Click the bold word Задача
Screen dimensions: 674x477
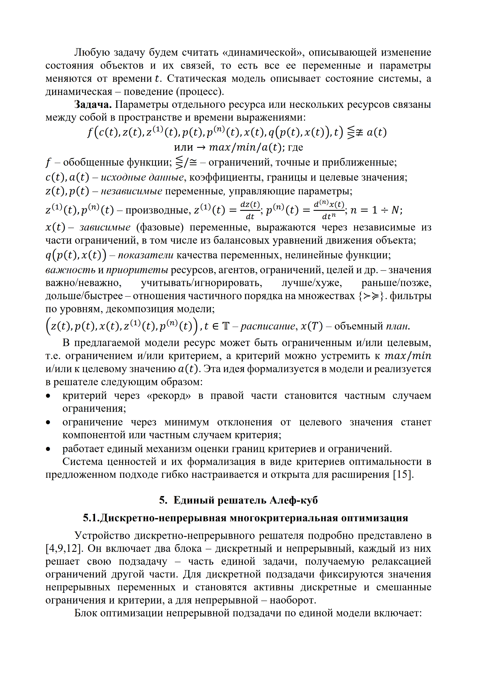pos(93,105)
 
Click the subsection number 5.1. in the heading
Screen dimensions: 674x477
pos(91,518)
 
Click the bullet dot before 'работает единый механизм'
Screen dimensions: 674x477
pos(48,449)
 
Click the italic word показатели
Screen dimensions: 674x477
pos(146,255)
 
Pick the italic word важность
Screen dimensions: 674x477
pos(70,270)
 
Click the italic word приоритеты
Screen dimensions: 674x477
pos(137,270)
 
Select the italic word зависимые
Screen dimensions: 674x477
pos(105,227)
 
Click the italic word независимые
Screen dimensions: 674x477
pos(132,191)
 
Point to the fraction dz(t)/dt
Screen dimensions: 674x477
pos(250,210)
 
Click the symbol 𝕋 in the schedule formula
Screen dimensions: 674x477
pos(226,326)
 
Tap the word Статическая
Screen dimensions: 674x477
pos(196,79)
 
